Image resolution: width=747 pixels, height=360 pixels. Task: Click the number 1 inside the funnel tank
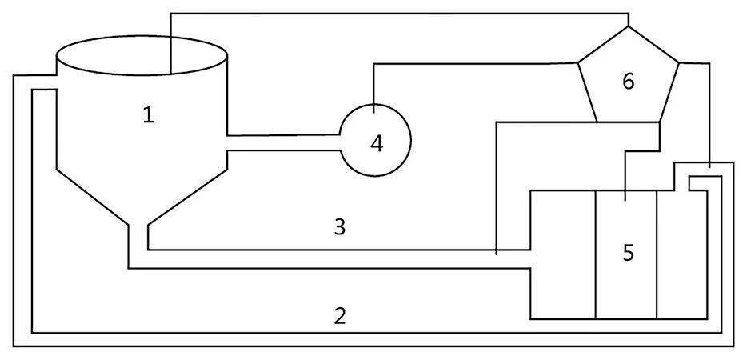coord(148,115)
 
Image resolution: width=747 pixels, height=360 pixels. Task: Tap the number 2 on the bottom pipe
coord(340,315)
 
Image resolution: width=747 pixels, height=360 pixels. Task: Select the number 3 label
coord(340,226)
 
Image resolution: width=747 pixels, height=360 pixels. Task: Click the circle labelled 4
coord(376,140)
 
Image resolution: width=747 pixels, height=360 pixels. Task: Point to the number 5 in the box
coord(629,253)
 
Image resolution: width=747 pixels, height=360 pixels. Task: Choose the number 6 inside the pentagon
coord(629,81)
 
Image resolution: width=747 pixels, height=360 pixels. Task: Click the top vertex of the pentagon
coord(629,26)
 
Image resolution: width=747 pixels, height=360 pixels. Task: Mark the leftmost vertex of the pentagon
coord(578,62)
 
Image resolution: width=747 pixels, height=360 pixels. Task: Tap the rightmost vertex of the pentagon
coord(679,62)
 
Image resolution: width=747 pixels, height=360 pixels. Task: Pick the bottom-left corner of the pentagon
coord(597,122)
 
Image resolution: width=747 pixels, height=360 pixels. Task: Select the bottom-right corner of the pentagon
coord(659,122)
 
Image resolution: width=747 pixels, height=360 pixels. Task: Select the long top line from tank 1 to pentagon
coord(400,14)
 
